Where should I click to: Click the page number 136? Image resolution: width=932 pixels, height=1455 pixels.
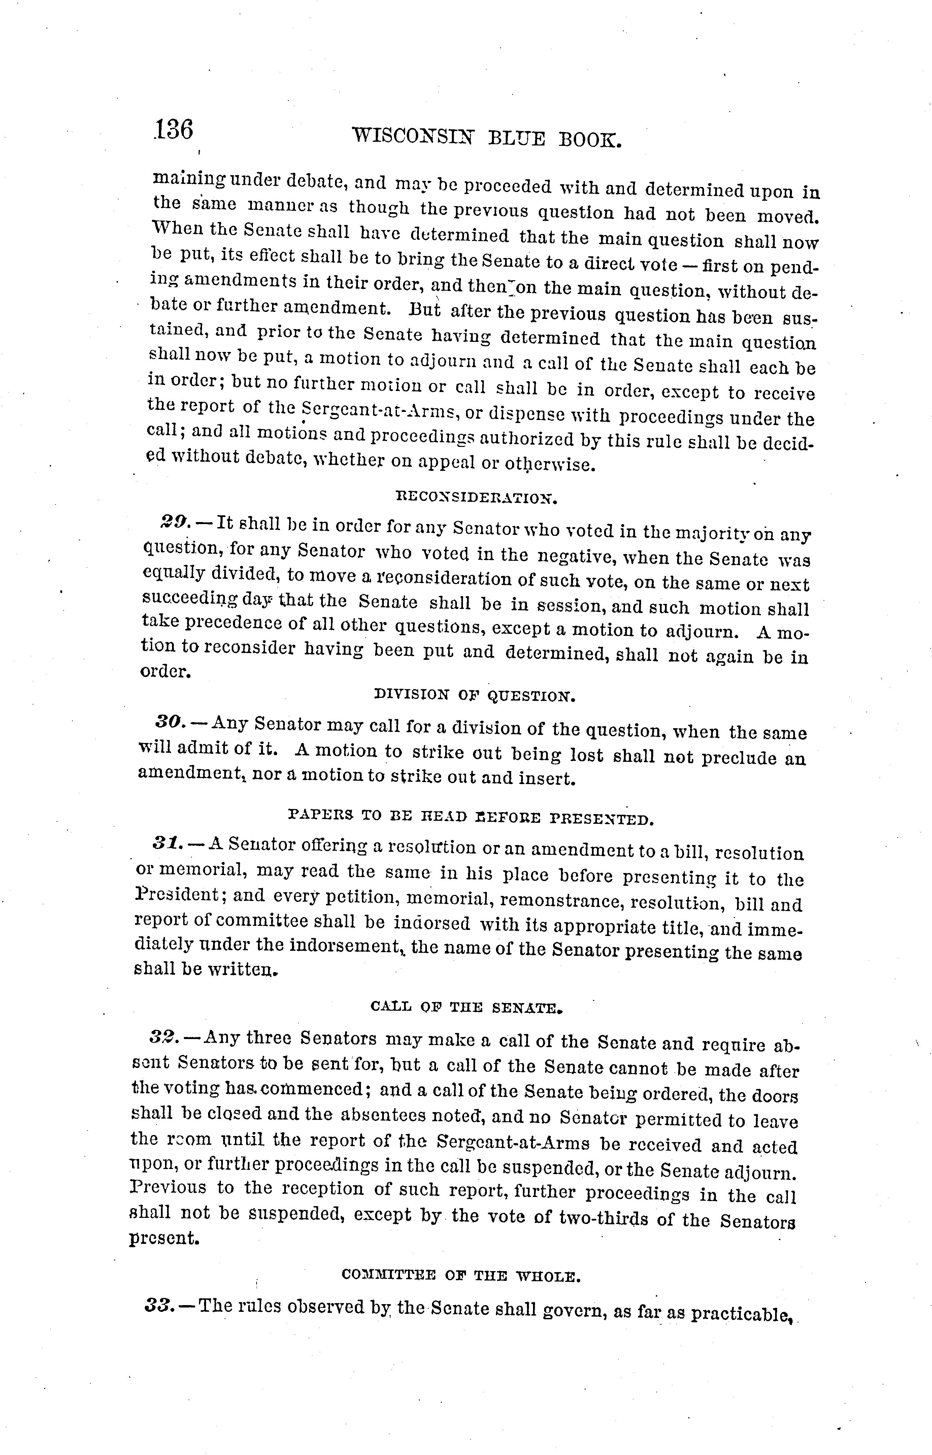(x=174, y=130)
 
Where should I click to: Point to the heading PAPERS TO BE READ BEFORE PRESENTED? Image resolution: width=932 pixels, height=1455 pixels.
(x=471, y=819)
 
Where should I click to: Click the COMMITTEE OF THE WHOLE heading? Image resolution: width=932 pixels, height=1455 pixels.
(x=461, y=1276)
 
